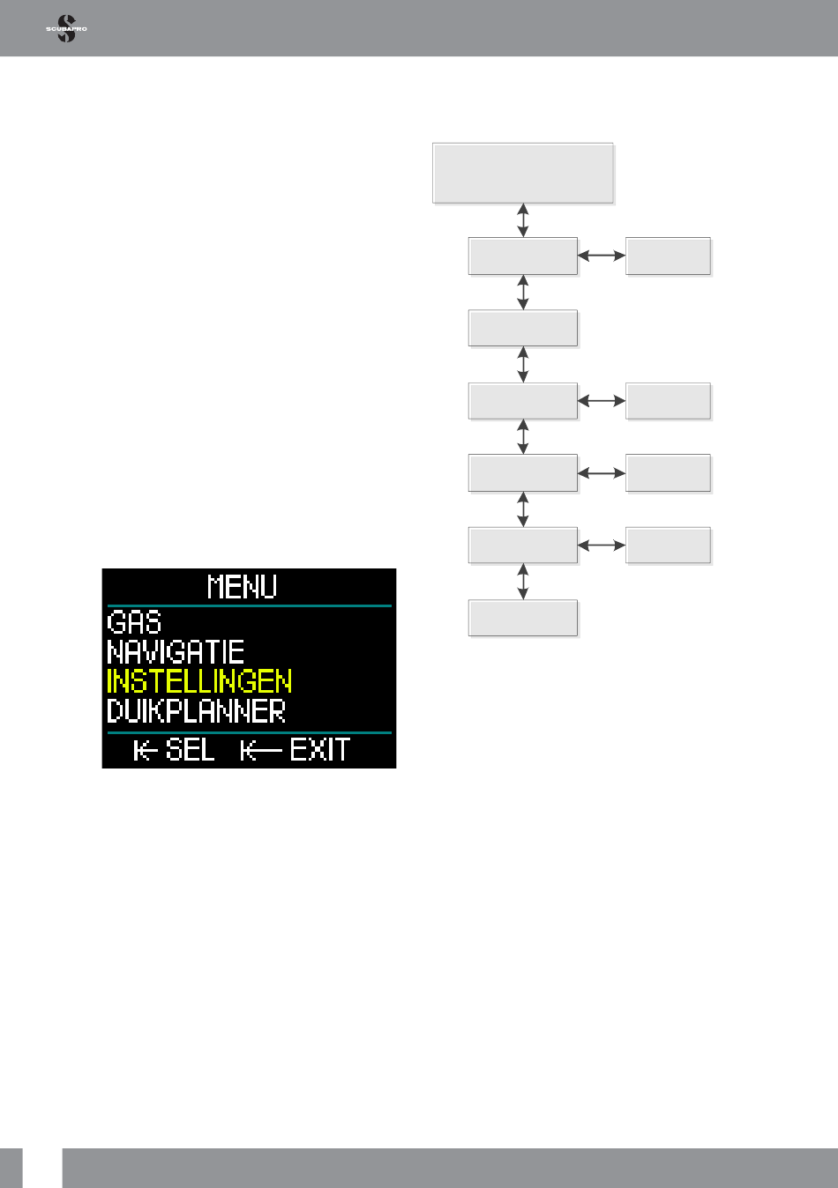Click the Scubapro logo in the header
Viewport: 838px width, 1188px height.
tap(66, 28)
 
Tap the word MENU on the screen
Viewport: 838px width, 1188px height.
tap(242, 587)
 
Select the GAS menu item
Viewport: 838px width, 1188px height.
tap(134, 622)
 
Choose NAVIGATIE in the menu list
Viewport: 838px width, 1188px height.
tap(176, 652)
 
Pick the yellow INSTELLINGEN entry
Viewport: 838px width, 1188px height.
tap(199, 681)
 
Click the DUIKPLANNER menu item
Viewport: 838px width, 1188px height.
tap(196, 711)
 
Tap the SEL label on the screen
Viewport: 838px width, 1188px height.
tap(190, 749)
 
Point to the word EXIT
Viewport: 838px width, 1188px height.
tap(320, 749)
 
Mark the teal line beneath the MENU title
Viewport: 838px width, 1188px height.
tap(250, 605)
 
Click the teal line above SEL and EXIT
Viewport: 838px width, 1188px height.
tap(250, 732)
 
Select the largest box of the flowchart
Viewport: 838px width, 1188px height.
tap(523, 173)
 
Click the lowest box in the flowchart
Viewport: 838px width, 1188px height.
tap(523, 618)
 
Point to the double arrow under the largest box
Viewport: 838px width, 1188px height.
tap(523, 220)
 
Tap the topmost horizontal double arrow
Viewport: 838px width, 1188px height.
tap(602, 256)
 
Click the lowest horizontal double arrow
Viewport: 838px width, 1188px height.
tap(602, 546)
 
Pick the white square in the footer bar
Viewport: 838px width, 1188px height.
tap(42, 1168)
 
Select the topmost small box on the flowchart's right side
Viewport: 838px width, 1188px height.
tap(668, 256)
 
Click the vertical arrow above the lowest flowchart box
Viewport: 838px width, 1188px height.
tap(523, 582)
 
